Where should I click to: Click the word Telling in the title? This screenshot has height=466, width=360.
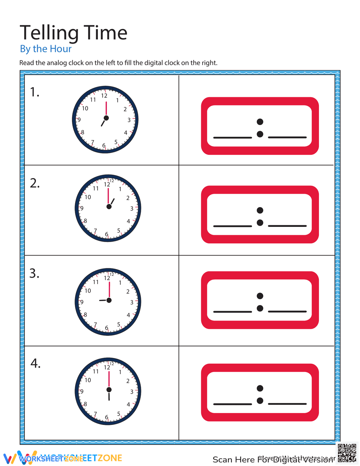click(44, 33)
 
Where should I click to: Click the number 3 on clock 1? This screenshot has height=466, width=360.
click(129, 120)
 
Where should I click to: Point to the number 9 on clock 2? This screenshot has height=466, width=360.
click(82, 208)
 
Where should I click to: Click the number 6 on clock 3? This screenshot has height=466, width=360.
click(107, 328)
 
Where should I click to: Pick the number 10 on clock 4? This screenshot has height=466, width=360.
click(88, 380)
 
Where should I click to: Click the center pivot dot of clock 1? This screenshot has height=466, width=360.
click(106, 118)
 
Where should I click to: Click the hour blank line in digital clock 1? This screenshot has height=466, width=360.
click(233, 138)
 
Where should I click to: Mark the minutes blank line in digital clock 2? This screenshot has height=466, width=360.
click(287, 226)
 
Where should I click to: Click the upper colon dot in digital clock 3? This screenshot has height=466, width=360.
click(260, 296)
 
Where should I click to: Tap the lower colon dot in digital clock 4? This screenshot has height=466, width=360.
click(260, 400)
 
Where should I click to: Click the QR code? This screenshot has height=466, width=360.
click(347, 453)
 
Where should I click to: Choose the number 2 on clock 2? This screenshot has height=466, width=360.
click(128, 198)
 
